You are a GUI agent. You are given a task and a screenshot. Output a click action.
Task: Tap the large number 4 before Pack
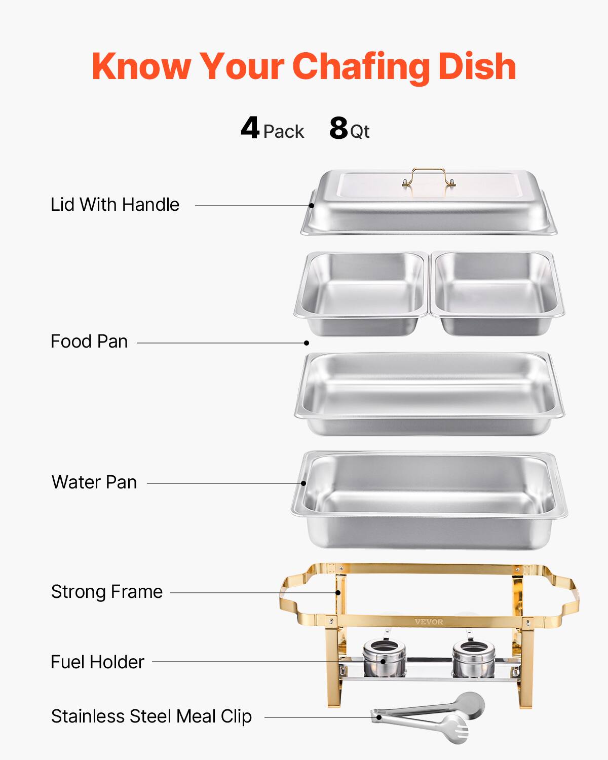[x=250, y=128]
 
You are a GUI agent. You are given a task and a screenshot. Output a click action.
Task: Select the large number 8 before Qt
[x=338, y=128]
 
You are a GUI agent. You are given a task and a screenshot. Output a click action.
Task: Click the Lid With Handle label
[x=115, y=205]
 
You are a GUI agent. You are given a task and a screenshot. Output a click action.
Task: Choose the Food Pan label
[x=89, y=341]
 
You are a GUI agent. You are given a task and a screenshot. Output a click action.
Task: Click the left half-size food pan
[x=361, y=292]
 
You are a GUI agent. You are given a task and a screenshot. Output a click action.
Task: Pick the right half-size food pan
[x=496, y=292]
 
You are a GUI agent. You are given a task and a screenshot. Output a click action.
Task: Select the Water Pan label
[x=94, y=482]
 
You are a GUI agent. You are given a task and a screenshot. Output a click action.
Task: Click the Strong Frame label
[x=107, y=592]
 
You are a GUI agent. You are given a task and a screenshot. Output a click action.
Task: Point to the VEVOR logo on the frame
[x=429, y=622]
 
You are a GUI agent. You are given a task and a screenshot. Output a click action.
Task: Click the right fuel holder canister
[x=473, y=658]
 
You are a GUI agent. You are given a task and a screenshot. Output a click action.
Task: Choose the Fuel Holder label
[x=97, y=662]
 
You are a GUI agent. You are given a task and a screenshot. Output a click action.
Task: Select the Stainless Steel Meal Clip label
[x=151, y=716]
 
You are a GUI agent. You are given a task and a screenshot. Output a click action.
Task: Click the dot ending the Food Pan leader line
[x=307, y=343]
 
